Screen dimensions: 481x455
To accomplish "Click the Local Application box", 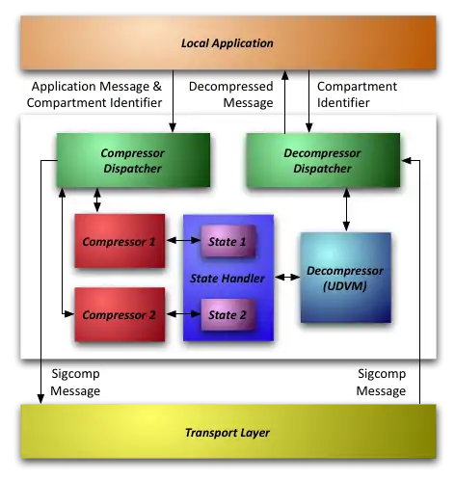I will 227,42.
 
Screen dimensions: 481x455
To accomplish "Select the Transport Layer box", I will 227,432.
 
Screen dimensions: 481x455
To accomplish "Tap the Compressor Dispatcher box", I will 134,160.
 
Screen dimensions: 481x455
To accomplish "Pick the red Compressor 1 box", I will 119,242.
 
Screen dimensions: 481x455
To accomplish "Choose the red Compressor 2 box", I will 119,315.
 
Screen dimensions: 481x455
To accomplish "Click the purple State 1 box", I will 227,241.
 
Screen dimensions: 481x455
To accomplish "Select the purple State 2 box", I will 227,314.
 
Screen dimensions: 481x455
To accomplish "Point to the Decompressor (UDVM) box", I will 344,278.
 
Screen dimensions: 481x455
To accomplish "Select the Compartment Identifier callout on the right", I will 357,94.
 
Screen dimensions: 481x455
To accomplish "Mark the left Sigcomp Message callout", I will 75,383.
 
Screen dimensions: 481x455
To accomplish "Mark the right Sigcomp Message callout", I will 380,383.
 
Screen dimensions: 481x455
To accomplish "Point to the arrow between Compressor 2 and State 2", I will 181,315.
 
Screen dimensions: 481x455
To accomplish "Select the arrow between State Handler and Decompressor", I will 286,279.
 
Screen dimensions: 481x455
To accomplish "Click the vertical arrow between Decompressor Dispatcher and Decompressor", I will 344,208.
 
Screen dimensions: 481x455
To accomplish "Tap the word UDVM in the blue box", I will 344,286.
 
